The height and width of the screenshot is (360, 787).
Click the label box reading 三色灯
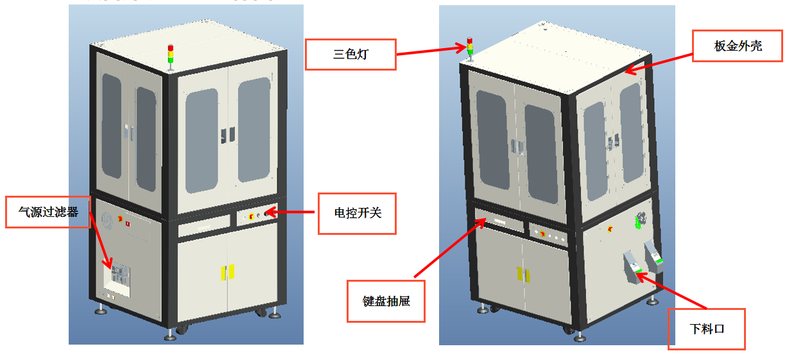coord(350,55)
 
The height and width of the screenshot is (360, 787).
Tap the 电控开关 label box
coord(357,213)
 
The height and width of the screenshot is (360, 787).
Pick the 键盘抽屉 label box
coord(386,300)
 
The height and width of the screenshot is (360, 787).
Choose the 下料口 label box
coord(706,329)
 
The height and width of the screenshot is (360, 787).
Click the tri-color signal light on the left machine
coord(170,55)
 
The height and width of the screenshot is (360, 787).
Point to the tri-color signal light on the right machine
coord(469,49)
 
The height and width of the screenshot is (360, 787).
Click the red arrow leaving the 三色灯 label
coord(429,50)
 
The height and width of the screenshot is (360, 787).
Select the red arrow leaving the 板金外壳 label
coord(659,63)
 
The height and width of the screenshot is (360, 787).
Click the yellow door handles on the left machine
coord(227,272)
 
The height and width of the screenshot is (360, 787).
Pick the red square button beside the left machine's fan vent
coord(127,224)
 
